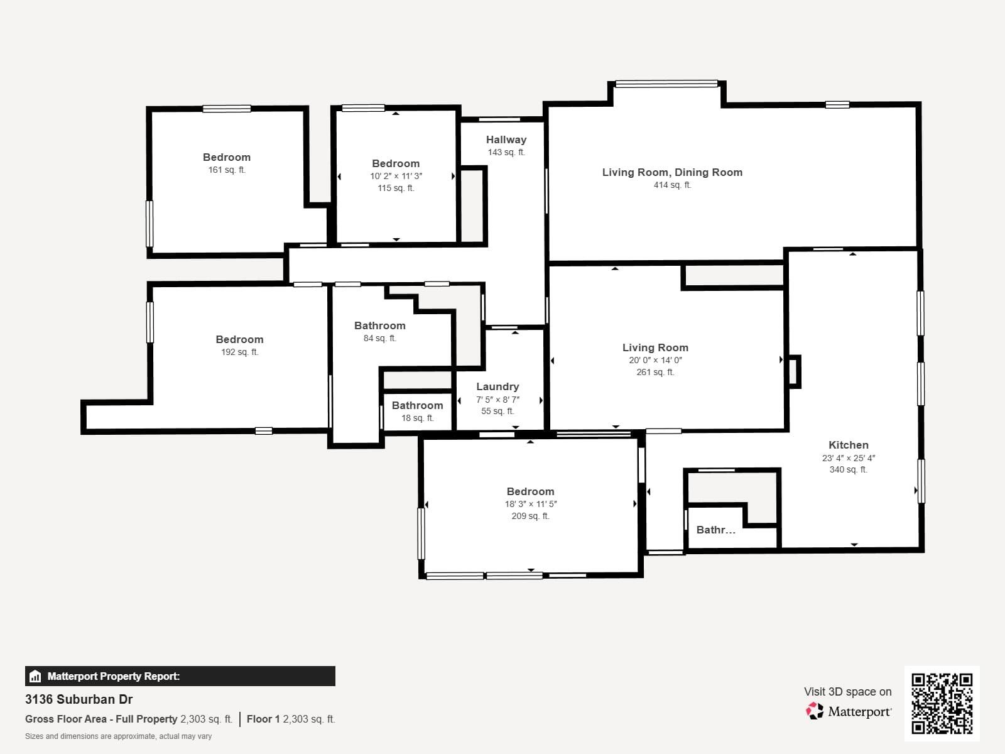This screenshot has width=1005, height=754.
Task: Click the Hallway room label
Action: click(506, 139)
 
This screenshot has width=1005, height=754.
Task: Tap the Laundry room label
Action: click(497, 386)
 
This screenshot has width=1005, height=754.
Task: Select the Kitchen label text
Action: click(848, 445)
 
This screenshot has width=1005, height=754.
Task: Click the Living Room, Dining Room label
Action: click(672, 172)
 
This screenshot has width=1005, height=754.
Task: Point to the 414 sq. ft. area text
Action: click(672, 185)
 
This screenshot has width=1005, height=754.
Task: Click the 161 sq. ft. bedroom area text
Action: click(227, 170)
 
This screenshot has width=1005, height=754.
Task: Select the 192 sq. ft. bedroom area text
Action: click(239, 352)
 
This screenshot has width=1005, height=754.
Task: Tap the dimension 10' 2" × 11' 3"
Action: click(396, 176)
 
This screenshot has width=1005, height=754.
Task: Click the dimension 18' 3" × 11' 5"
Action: click(531, 504)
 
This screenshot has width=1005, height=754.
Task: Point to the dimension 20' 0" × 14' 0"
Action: click(655, 360)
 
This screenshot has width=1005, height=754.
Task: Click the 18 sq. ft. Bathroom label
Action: click(417, 406)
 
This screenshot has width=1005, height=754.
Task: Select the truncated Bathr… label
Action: click(715, 530)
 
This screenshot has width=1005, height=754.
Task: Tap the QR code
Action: click(942, 703)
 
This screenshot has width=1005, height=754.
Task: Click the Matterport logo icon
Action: click(815, 711)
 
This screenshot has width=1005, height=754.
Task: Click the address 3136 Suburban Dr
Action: click(79, 699)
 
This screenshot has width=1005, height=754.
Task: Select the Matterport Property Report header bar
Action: click(180, 676)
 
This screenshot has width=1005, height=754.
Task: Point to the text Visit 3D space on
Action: click(847, 691)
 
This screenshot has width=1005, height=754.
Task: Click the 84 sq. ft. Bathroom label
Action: click(379, 325)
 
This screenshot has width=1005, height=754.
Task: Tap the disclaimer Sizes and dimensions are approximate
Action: click(118, 736)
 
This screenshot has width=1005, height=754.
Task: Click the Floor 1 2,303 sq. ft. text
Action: click(291, 719)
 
